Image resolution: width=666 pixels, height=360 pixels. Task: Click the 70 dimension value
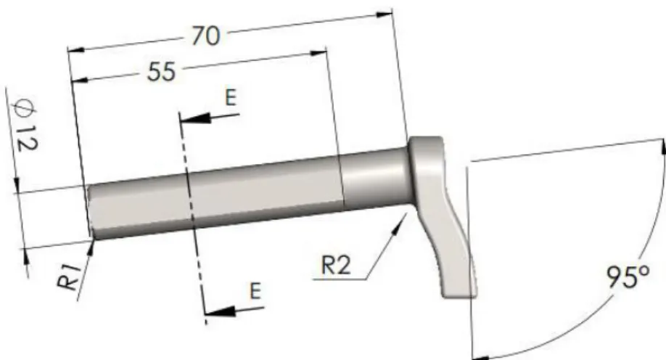click(206, 36)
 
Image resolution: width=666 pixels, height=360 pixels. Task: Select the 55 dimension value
click(161, 72)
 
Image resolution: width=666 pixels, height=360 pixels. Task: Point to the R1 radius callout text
click(70, 277)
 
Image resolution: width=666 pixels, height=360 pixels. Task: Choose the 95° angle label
click(628, 277)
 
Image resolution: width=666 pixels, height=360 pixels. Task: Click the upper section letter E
click(230, 97)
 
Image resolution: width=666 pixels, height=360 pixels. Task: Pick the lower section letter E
click(255, 291)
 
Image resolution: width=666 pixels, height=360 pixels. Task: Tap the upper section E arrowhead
click(196, 118)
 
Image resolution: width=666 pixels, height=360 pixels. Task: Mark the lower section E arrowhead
click(220, 311)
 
